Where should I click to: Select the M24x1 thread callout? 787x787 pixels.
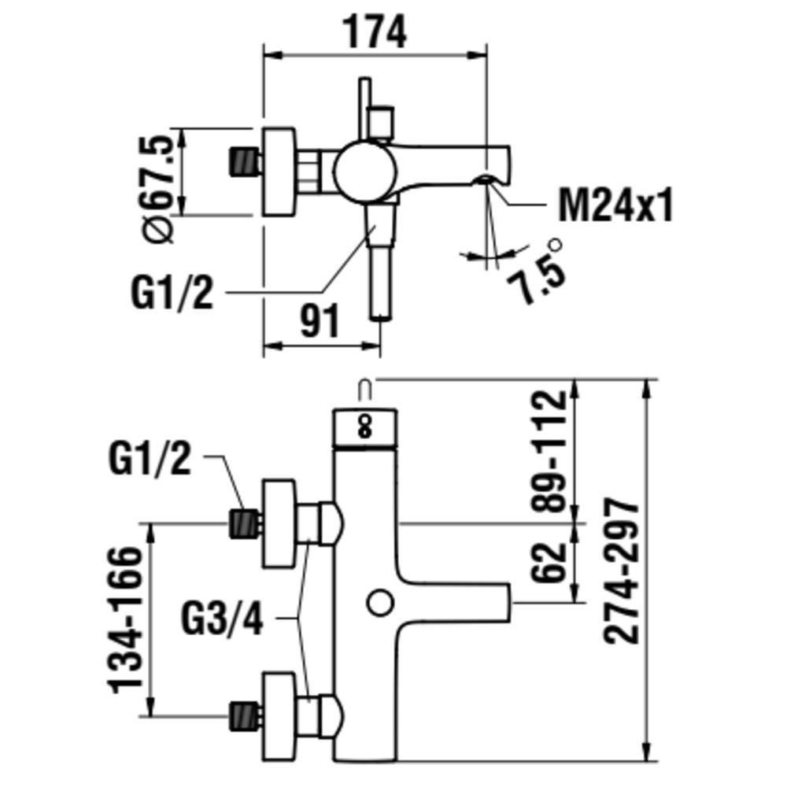(x=615, y=206)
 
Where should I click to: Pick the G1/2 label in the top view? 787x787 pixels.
(x=172, y=294)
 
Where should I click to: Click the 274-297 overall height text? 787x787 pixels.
(x=623, y=571)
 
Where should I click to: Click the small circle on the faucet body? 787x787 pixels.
(x=380, y=604)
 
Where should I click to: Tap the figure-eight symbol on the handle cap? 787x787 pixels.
(x=364, y=426)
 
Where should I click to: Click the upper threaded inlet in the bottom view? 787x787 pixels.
(x=244, y=523)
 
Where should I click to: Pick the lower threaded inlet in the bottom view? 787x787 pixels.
(x=244, y=716)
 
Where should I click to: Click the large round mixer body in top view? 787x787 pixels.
(x=364, y=169)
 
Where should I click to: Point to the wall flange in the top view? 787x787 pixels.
(x=279, y=171)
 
